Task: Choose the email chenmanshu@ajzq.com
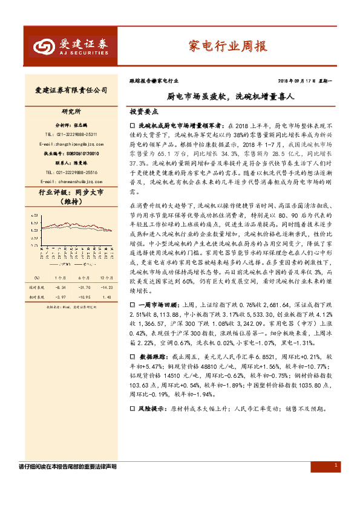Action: point(67,181)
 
